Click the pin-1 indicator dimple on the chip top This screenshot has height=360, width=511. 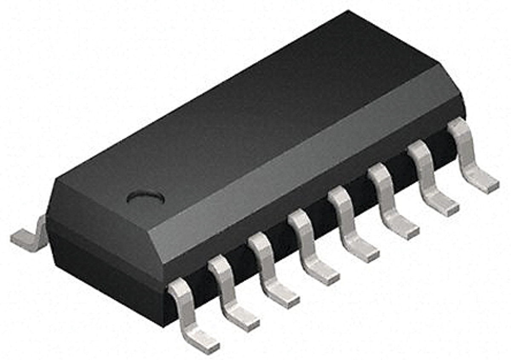coord(145,197)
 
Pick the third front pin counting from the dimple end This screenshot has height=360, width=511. coord(270,272)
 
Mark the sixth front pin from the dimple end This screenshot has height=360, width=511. coord(390,202)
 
